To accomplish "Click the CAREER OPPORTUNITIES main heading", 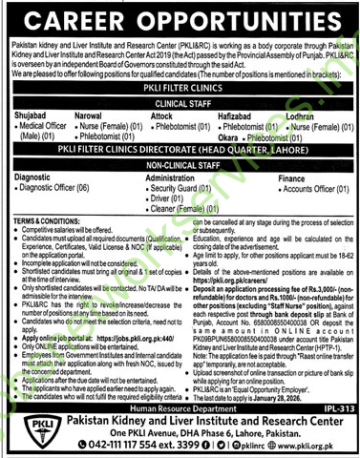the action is point(180,20).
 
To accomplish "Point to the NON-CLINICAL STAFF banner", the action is point(180,164).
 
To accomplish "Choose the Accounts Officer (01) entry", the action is point(307,188).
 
